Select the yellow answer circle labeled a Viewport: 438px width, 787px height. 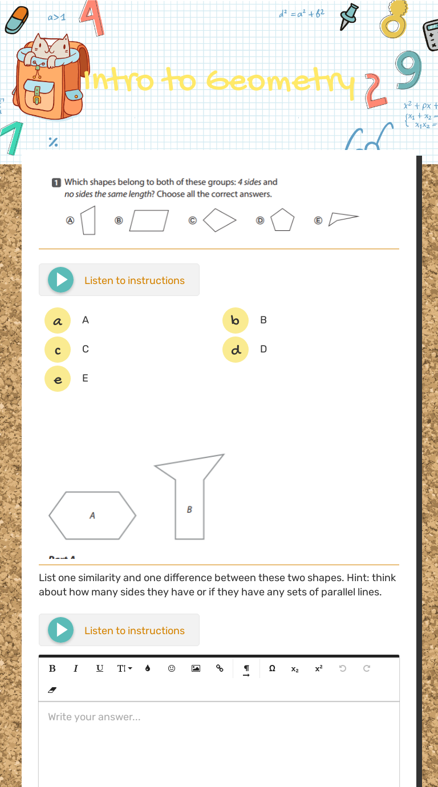pyautogui.click(x=57, y=321)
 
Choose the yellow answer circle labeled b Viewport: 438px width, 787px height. pyautogui.click(x=236, y=321)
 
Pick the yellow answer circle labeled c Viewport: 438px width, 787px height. pyautogui.click(x=57, y=350)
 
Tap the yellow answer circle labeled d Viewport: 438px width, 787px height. pyautogui.click(x=236, y=350)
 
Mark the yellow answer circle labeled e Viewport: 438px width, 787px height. pyautogui.click(x=57, y=379)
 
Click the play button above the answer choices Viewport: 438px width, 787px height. pyautogui.click(x=60, y=280)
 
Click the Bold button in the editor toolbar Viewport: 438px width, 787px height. pyautogui.click(x=52, y=668)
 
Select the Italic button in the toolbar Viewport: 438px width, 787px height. pyautogui.click(x=75, y=668)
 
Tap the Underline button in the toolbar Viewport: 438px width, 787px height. pyautogui.click(x=100, y=668)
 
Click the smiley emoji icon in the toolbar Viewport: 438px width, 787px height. pyautogui.click(x=171, y=668)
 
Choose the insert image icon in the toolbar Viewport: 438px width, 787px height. pyautogui.click(x=196, y=668)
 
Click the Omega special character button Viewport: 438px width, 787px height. pyautogui.click(x=272, y=668)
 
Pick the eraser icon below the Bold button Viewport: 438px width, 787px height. pyautogui.click(x=52, y=690)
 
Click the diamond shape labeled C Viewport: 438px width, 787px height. pyautogui.click(x=220, y=220)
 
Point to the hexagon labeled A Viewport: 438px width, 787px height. pyautogui.click(x=92, y=516)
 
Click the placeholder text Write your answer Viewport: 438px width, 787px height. pyautogui.click(x=94, y=717)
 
